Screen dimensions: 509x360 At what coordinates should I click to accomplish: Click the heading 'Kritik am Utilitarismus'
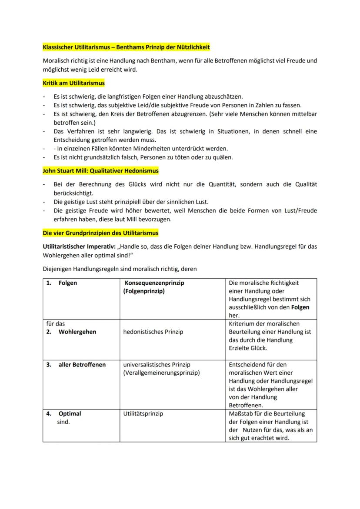pyautogui.click(x=73, y=83)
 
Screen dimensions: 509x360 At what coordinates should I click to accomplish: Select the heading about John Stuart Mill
pyautogui.click(x=100, y=171)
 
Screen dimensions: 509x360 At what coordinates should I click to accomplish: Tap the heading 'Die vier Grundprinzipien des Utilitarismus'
pyautogui.click(x=100, y=233)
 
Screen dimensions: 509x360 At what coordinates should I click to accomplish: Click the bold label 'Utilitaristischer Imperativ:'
pyautogui.click(x=79, y=246)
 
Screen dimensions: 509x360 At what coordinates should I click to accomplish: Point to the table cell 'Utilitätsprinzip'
pyautogui.click(x=143, y=414)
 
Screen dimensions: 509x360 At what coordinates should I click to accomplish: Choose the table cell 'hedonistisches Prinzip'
pyautogui.click(x=153, y=332)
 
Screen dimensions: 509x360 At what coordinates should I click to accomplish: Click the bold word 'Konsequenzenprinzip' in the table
pyautogui.click(x=154, y=283)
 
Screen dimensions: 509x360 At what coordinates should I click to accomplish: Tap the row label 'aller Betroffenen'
pyautogui.click(x=82, y=365)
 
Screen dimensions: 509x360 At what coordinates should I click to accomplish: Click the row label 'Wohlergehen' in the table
pyautogui.click(x=77, y=332)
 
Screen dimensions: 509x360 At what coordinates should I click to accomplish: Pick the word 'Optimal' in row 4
pyautogui.click(x=70, y=414)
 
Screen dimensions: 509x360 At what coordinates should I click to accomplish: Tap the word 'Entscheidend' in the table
pyautogui.click(x=247, y=365)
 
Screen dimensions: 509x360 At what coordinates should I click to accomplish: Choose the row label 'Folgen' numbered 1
pyautogui.click(x=67, y=283)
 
